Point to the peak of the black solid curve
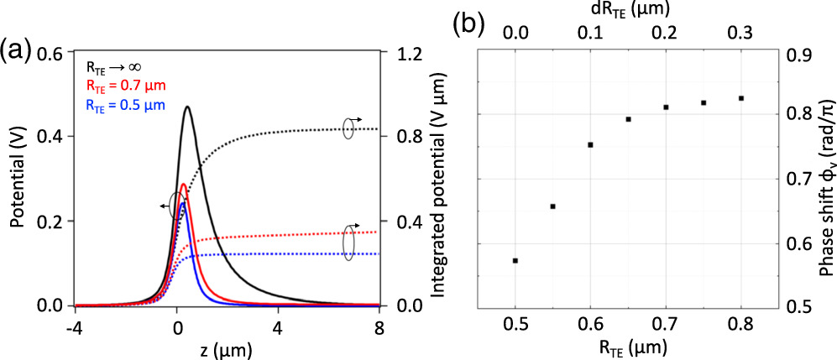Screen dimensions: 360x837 (x=186, y=107)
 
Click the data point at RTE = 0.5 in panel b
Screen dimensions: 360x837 (x=515, y=261)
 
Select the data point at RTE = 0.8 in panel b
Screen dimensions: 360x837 (x=741, y=98)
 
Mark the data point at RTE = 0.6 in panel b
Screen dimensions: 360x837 (x=591, y=145)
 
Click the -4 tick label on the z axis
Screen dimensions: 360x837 (x=76, y=324)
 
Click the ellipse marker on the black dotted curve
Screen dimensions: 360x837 (x=348, y=129)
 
